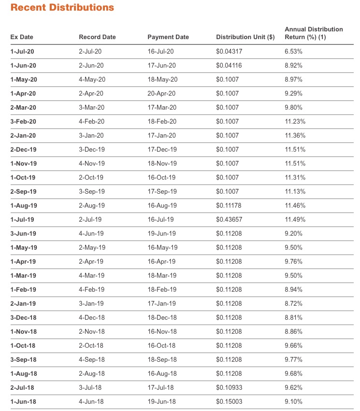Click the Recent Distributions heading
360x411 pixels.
tap(62, 8)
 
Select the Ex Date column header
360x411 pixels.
tap(22, 37)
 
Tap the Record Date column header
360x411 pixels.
tap(97, 37)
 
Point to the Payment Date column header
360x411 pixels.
tap(168, 37)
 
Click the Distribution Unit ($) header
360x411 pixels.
tap(245, 37)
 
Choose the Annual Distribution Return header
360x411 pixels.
tap(314, 33)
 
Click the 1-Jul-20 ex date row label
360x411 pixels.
tap(22, 51)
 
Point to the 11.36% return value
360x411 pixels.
tap(295, 135)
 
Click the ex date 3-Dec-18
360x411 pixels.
tap(23, 318)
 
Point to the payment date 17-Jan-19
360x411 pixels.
tap(162, 304)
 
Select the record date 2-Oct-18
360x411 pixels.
tap(91, 346)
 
